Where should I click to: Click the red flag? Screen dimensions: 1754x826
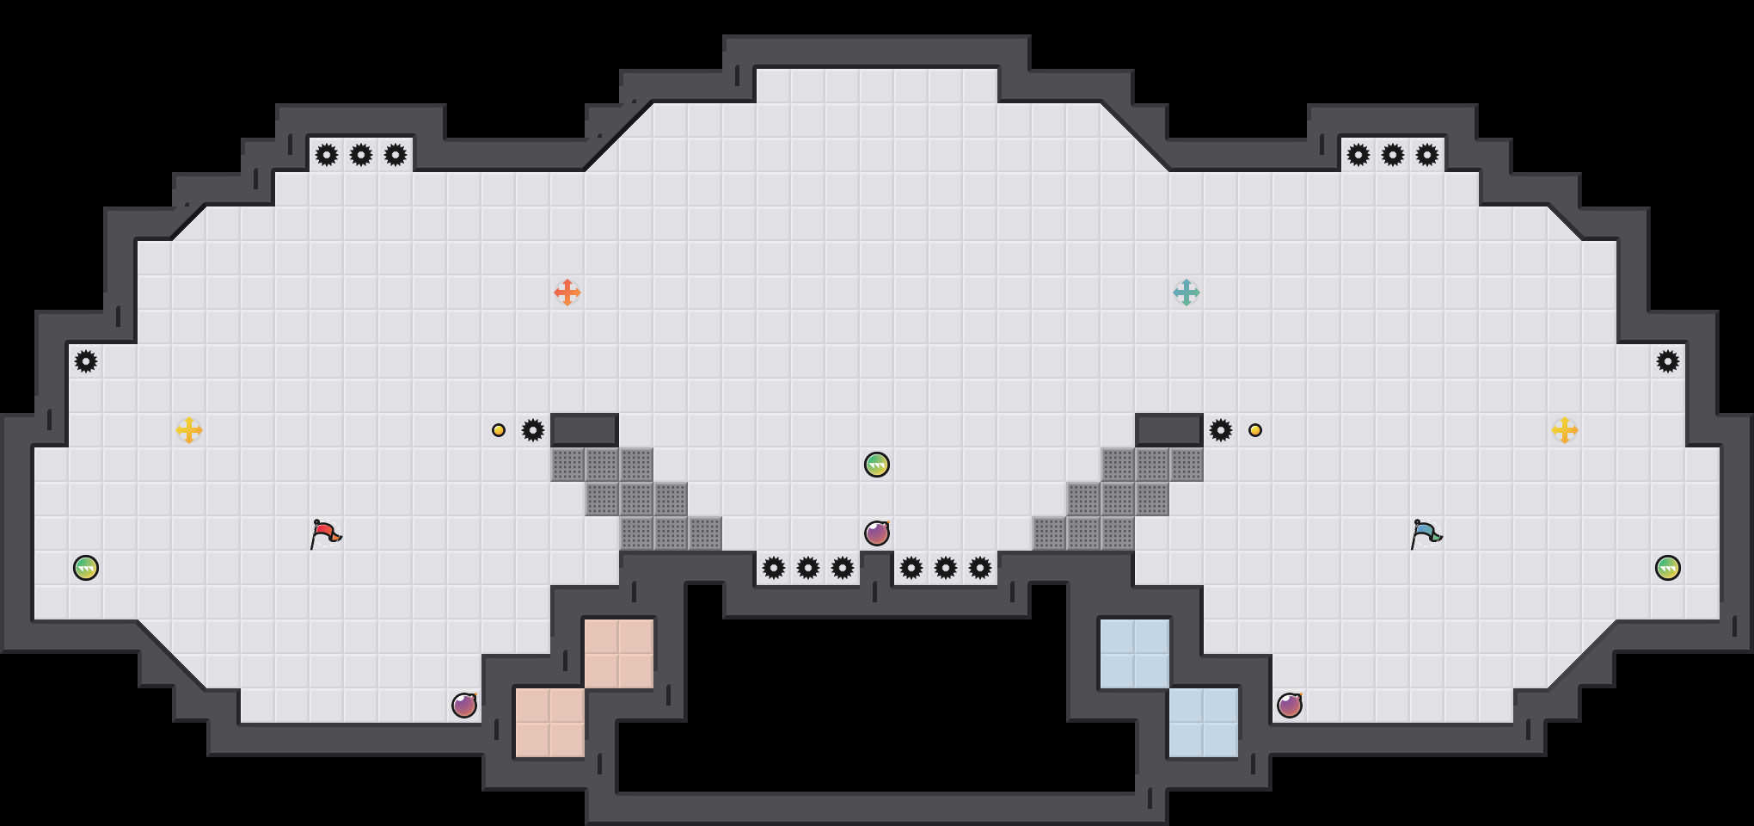[325, 534]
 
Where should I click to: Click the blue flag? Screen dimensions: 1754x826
[1426, 534]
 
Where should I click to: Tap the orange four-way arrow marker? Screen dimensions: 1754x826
[567, 293]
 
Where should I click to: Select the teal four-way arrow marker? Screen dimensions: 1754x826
[1187, 293]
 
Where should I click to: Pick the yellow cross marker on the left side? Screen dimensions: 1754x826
[189, 430]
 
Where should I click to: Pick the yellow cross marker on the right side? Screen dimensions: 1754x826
[1565, 430]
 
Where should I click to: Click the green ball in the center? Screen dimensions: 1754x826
[877, 465]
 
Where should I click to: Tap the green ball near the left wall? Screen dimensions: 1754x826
[86, 568]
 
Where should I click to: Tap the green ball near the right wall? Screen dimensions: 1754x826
[1668, 568]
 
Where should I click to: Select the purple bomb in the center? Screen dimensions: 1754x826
[877, 533]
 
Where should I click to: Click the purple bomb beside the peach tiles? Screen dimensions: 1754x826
[464, 706]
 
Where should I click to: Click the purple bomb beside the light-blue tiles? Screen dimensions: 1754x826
[1290, 706]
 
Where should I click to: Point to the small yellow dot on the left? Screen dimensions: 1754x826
[499, 430]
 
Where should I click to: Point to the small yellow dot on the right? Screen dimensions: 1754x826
[1255, 430]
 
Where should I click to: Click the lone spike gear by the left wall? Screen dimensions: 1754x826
[86, 361]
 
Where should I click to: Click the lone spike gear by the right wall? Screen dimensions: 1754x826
[1668, 361]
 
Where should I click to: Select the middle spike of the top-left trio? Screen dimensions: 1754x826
[361, 155]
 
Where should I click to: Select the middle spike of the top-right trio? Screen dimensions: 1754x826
[1393, 155]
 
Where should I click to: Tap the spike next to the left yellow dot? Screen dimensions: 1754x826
[533, 430]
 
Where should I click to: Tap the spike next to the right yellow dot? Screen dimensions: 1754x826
[1221, 430]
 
